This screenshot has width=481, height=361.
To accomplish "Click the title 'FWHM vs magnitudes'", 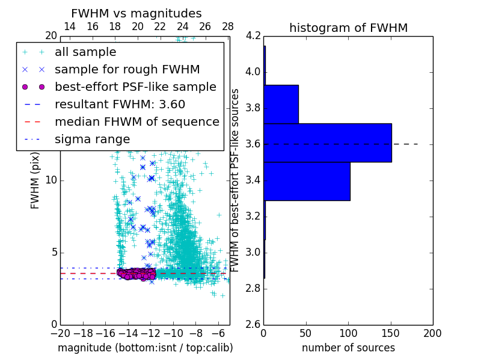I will click(136, 14).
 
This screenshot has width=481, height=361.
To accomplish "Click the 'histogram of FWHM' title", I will click(348, 28).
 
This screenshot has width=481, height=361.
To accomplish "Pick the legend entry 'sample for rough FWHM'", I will click(127, 69).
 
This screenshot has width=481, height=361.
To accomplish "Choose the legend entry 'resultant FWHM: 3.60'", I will click(120, 104).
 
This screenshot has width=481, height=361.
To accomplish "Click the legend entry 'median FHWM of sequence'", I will click(136, 122).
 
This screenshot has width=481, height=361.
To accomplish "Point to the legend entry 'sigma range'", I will click(92, 139).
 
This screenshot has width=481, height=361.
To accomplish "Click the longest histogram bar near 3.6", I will click(327, 143).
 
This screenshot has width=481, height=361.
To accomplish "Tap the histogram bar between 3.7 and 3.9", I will click(281, 104).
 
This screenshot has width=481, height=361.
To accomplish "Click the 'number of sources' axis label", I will click(348, 348).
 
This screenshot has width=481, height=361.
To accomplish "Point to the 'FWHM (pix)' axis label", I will click(35, 180).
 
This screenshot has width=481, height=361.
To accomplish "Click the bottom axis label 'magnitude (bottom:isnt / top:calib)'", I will click(145, 348).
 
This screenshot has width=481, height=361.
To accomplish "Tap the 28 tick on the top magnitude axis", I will click(228, 27).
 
